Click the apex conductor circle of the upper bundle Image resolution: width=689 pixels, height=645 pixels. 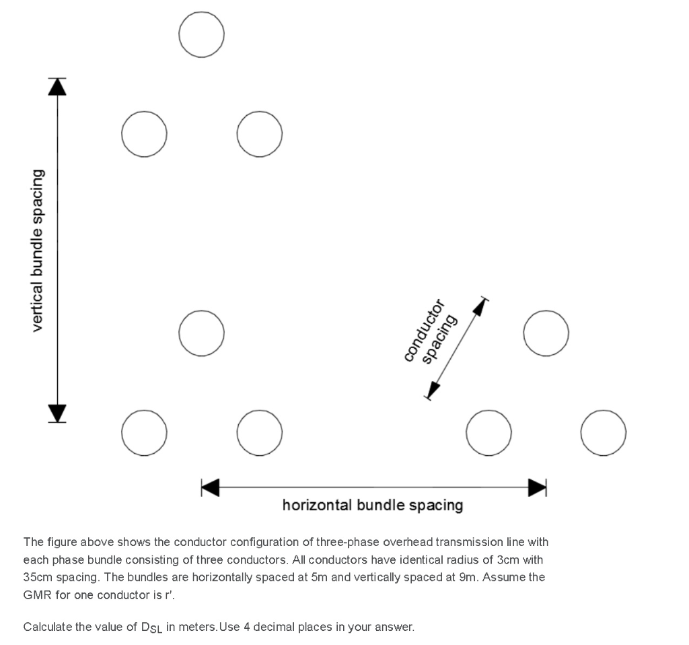202,34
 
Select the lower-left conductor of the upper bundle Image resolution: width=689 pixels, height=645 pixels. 144,133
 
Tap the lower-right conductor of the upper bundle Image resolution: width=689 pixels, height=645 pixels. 260,133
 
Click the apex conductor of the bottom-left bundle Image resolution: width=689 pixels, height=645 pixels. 202,333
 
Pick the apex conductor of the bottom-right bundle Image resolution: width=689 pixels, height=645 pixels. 546,333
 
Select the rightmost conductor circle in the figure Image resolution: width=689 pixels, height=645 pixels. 604,432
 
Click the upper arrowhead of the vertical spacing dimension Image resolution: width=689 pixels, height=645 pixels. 58,87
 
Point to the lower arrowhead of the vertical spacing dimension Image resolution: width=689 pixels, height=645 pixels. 58,412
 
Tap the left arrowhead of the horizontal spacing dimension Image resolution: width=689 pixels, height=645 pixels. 211,487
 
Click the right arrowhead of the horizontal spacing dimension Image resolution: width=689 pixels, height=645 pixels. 537,487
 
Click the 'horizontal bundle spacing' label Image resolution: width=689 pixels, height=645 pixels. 372,505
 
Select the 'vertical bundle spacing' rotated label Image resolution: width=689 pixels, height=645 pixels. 38,250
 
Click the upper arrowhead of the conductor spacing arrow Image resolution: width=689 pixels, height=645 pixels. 479,306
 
